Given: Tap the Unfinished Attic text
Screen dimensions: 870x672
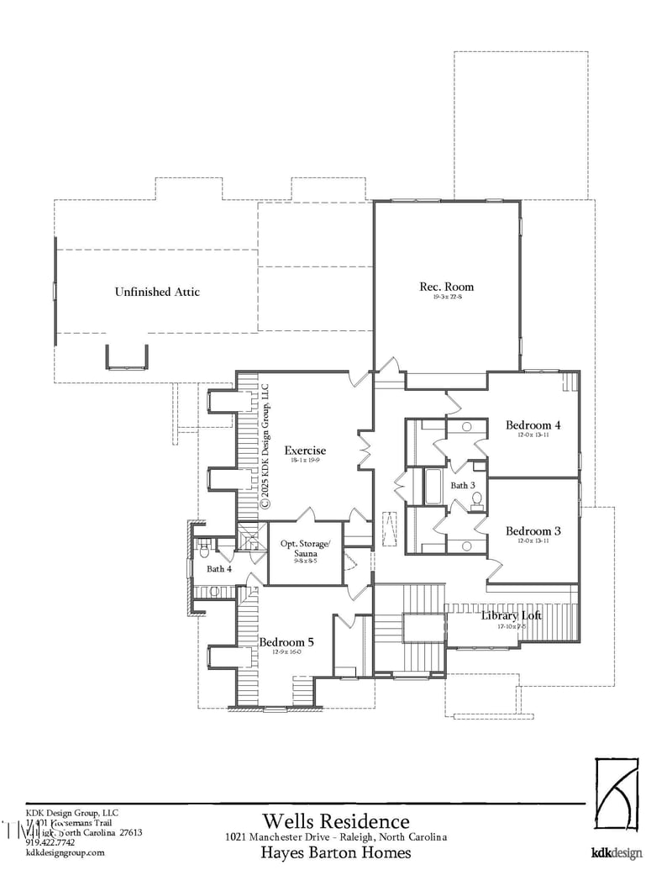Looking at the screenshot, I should tap(157, 292).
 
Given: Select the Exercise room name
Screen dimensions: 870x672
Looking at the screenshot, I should tap(304, 451).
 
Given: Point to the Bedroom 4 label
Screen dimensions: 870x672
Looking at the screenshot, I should tap(533, 424).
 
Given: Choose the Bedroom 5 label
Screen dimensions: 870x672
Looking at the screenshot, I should tap(286, 641).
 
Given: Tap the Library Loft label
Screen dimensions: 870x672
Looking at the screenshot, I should tap(511, 615).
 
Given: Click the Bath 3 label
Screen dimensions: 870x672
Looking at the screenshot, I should tap(463, 485).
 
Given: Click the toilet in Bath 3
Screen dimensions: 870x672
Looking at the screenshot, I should tap(477, 501).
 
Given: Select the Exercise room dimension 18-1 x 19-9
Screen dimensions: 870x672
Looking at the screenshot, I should tap(304, 461).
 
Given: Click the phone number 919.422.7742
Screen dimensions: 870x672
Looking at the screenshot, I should tap(50, 842).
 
